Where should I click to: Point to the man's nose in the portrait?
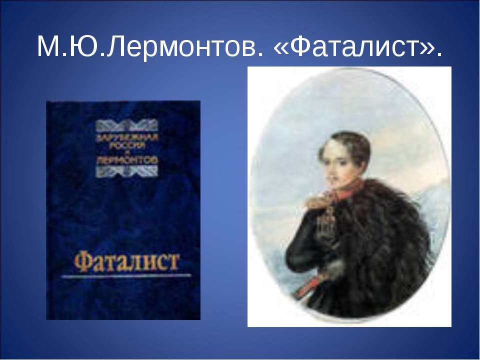tap(330, 172)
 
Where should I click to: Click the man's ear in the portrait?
tap(358, 165)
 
